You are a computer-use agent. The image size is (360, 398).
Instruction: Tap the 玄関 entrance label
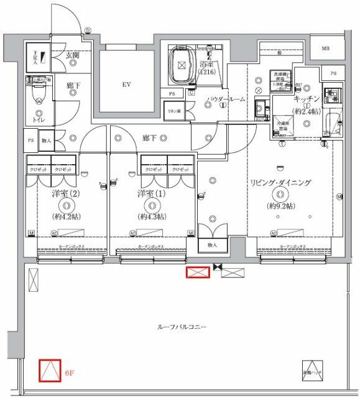coord(73,55)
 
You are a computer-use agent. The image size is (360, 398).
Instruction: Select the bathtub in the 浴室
coord(182,64)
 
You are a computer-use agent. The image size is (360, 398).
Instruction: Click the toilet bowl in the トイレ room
coord(40,99)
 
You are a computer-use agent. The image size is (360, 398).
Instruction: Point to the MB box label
coord(325,49)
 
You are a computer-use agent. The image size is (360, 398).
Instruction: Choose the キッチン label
coord(307,99)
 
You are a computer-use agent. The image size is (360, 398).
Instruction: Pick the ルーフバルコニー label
coord(182,326)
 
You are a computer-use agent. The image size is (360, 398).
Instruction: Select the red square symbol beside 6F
coord(48,371)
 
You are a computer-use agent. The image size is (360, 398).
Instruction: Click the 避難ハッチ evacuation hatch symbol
coord(312,369)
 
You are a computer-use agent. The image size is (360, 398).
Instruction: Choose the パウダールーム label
coord(225,99)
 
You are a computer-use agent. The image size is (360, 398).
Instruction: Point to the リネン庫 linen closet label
coord(173,111)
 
